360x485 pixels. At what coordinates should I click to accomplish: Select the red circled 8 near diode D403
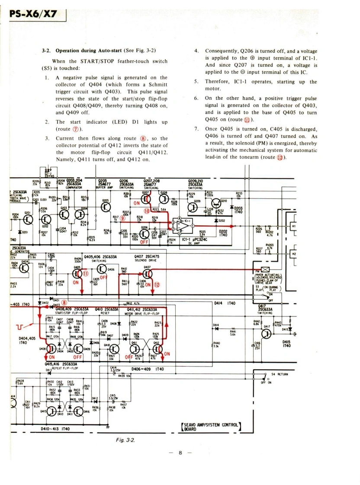[64, 302]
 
